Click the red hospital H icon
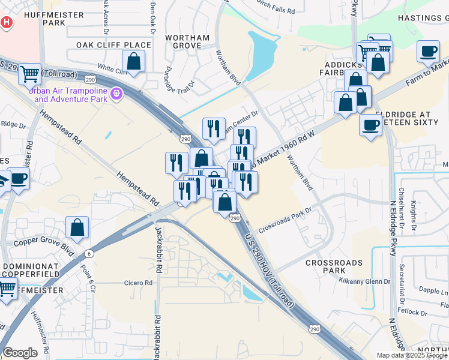pyautogui.click(x=6, y=22)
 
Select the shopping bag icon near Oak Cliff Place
pyautogui.click(x=133, y=61)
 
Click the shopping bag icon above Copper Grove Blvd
pyautogui.click(x=77, y=227)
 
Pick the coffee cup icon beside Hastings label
pyautogui.click(x=428, y=52)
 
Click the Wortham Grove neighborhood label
pyautogui.click(x=187, y=41)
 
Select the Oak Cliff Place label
pyautogui.click(x=113, y=45)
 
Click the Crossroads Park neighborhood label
pyautogui.click(x=334, y=267)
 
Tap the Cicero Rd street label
pyautogui.click(x=139, y=283)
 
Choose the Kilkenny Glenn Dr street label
pyautogui.click(x=364, y=281)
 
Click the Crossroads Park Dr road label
pyautogui.click(x=286, y=221)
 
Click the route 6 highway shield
pyautogui.click(x=89, y=254)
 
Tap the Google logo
pyautogui.click(x=20, y=353)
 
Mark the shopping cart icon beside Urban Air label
pyautogui.click(x=29, y=74)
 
